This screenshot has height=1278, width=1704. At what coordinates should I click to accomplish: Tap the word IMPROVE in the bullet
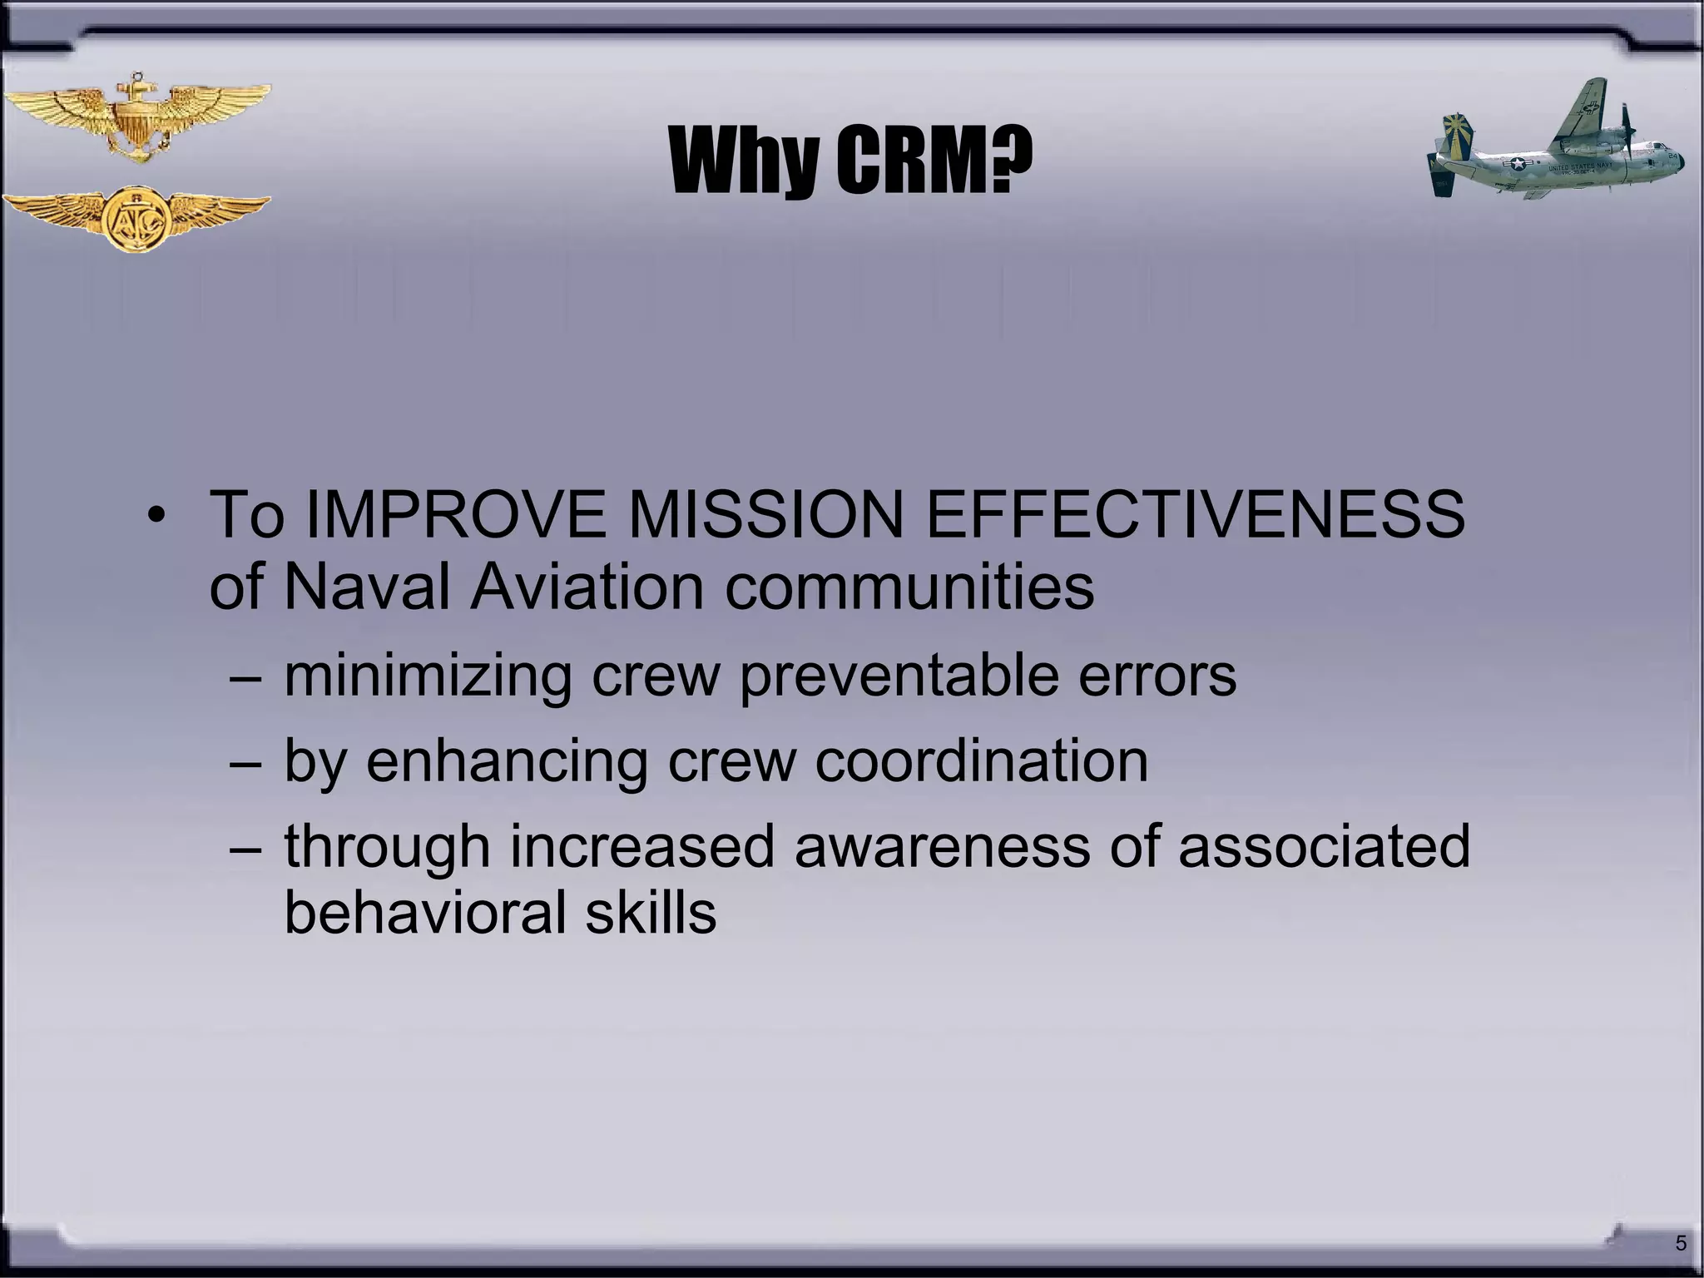coord(456,514)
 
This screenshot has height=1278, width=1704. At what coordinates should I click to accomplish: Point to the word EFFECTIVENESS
coord(1195,514)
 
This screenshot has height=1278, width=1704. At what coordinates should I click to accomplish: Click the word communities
coord(909,587)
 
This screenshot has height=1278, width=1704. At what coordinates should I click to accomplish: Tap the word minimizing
coord(428,676)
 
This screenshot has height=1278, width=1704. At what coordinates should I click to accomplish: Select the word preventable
coord(899,676)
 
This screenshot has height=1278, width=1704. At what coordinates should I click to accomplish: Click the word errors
coord(1157,676)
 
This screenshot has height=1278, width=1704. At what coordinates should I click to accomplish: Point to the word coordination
coord(981,760)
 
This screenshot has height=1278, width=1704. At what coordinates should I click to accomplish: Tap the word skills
coord(651,912)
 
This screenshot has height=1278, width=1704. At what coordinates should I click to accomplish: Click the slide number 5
coord(1681,1244)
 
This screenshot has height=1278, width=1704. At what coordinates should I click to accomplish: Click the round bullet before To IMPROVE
coord(156,515)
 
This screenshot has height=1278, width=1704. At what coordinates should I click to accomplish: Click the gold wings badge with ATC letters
coord(136,219)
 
